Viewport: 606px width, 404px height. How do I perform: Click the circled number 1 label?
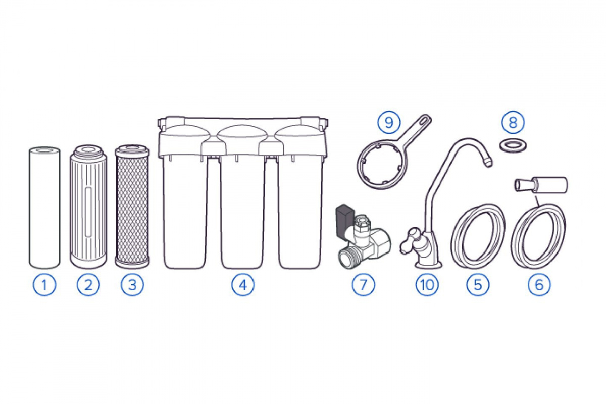(44, 285)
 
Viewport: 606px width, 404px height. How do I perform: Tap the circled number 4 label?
(243, 285)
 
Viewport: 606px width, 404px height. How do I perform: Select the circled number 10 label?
(427, 285)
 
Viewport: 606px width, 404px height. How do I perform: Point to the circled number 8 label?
(513, 123)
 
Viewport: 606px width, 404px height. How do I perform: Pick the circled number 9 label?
(389, 123)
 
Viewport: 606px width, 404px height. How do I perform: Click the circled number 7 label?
(363, 285)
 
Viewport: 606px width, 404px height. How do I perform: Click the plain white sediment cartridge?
(44, 208)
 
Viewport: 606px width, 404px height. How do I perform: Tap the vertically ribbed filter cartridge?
(88, 207)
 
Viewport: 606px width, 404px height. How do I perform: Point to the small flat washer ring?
(513, 146)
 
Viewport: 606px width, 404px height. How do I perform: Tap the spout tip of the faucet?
(488, 163)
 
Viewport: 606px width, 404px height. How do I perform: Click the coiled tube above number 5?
(478, 236)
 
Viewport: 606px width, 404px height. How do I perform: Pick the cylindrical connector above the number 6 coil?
(541, 185)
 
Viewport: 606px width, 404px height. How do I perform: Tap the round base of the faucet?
(428, 265)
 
